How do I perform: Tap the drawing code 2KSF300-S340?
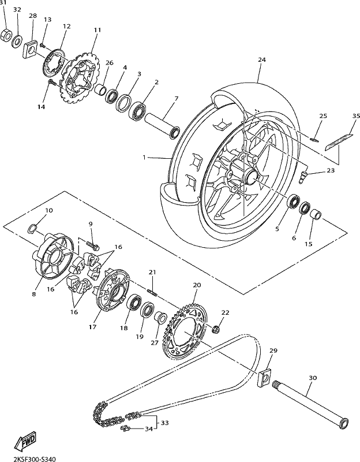(x=35, y=459)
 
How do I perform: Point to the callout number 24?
(x=262, y=59)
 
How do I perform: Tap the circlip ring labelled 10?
(x=32, y=228)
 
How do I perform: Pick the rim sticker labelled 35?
(x=339, y=141)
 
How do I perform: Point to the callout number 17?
(x=92, y=327)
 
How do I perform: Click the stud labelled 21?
(x=152, y=292)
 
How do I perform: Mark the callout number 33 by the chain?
(x=164, y=423)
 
